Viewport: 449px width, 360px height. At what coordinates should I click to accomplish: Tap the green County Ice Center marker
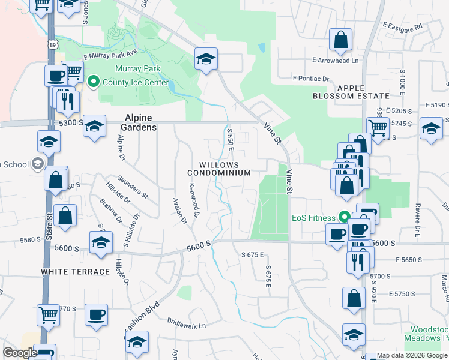(93, 82)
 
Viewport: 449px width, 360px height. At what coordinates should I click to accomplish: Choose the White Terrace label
(76, 272)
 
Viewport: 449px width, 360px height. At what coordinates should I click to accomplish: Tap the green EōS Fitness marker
(344, 217)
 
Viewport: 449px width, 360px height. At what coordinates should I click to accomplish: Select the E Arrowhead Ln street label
(334, 60)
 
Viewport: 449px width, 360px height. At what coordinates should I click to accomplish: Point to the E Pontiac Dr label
(311, 79)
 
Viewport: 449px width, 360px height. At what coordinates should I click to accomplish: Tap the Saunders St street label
(133, 187)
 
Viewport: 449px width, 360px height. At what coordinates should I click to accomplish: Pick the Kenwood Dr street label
(195, 201)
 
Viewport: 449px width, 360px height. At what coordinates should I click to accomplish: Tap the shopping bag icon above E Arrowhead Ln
(340, 40)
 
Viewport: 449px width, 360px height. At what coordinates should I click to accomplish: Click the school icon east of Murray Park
(206, 59)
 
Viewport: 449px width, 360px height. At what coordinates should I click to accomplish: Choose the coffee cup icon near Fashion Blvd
(95, 314)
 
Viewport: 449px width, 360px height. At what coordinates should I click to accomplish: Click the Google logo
(19, 353)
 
